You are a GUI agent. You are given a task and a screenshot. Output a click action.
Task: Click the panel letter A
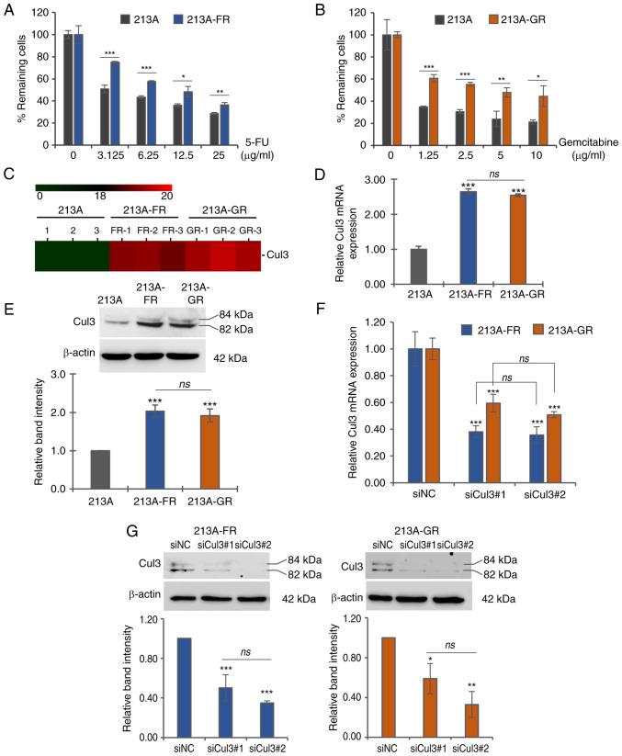[8, 9]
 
